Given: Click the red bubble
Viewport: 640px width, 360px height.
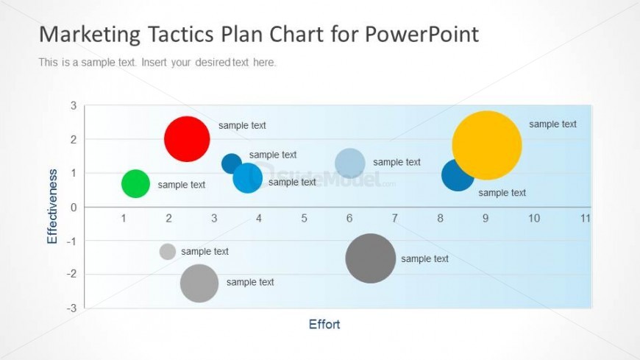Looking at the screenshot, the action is (x=187, y=139).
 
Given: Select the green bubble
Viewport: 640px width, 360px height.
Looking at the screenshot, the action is (x=135, y=183).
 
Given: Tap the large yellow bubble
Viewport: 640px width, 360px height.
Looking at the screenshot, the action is (x=487, y=145).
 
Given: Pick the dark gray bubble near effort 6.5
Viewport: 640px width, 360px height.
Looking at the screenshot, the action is (x=371, y=258).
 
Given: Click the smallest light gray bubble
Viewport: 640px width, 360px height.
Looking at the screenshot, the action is (x=167, y=252).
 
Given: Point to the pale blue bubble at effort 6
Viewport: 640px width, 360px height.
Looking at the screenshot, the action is (x=350, y=163).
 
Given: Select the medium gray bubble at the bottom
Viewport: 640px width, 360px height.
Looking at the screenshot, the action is (x=199, y=283).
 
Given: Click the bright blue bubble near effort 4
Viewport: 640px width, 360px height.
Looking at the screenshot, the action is (x=248, y=177).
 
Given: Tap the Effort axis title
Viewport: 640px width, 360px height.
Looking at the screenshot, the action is (x=324, y=325).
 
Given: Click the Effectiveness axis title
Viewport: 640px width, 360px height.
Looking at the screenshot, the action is (x=52, y=206).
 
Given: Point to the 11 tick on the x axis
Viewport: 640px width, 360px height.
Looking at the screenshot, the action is (x=586, y=218).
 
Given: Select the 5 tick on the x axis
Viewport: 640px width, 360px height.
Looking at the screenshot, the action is (x=304, y=218).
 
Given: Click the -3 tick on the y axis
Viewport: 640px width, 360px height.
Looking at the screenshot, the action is (x=71, y=308).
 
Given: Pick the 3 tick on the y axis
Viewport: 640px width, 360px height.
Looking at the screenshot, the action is (x=74, y=105).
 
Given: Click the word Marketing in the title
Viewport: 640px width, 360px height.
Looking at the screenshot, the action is (x=90, y=35).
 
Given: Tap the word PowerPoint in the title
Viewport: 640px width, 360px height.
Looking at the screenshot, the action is (x=422, y=34).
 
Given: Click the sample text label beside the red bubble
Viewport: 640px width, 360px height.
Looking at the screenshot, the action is (x=242, y=125).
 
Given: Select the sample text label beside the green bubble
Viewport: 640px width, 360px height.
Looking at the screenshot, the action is (x=182, y=185).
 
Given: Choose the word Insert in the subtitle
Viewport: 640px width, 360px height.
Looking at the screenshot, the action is (x=154, y=63).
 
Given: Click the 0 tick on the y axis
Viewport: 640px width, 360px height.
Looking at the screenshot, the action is (x=74, y=207).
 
